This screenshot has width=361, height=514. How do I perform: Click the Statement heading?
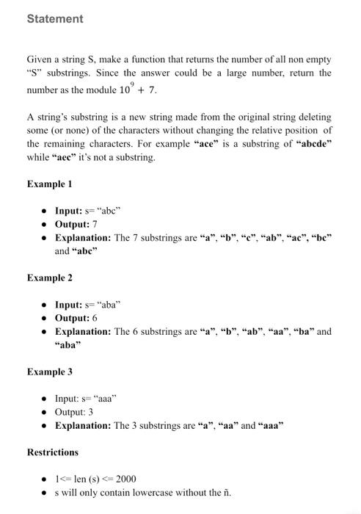pyautogui.click(x=55, y=19)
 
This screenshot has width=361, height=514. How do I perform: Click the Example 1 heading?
pyautogui.click(x=50, y=184)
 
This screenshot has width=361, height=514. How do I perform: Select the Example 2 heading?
pyautogui.click(x=50, y=278)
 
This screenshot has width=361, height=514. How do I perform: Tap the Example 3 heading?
pyautogui.click(x=50, y=372)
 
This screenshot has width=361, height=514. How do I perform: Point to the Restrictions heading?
pyautogui.click(x=53, y=452)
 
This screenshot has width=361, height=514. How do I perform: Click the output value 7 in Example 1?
pyautogui.click(x=95, y=224)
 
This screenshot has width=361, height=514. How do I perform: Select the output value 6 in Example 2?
pyautogui.click(x=95, y=318)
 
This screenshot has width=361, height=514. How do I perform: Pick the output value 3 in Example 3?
pyautogui.click(x=90, y=412)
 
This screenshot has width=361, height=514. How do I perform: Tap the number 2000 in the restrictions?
pyautogui.click(x=125, y=479)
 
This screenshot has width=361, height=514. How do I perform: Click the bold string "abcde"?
pyautogui.click(x=313, y=144)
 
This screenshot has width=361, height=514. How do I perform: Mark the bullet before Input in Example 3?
pyautogui.click(x=45, y=399)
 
